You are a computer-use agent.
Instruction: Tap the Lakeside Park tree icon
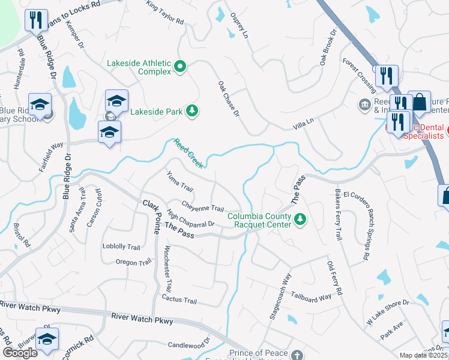click(192, 110)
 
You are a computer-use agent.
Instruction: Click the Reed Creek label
click(189, 152)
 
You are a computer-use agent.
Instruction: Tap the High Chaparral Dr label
click(190, 221)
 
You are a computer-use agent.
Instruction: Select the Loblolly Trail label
click(121, 247)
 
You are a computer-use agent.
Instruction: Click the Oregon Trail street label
click(133, 263)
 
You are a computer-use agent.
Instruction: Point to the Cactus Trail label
click(179, 299)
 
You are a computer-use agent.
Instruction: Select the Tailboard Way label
click(311, 296)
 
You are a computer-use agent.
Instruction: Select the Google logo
click(20, 353)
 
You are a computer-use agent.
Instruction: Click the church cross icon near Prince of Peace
click(295, 356)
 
